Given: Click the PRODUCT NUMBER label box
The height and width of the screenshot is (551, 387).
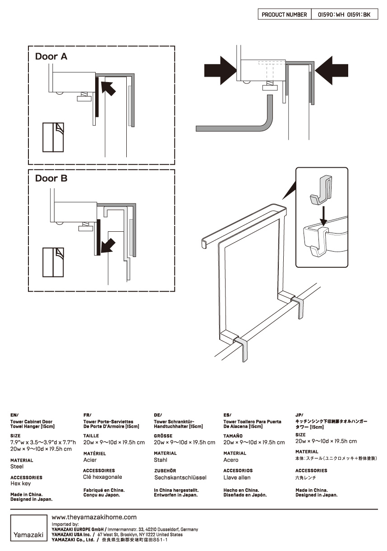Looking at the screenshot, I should point(284,15).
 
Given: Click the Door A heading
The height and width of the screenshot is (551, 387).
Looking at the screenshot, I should point(51,57).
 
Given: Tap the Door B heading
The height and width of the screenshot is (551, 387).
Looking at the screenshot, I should point(51,179).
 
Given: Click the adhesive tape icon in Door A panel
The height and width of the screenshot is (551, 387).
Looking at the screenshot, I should point(54,137).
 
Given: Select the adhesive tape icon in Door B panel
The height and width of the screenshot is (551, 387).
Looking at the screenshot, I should point(54,262).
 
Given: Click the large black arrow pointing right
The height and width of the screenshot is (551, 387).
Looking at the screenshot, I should point(220,70).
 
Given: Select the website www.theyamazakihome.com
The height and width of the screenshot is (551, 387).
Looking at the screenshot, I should point(94,517).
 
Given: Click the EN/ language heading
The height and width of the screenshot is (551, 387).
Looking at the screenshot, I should point(14,414).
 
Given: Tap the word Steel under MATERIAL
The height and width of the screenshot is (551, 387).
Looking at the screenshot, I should point(17,467).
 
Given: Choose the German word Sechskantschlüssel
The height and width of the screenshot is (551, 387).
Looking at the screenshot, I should point(180,477).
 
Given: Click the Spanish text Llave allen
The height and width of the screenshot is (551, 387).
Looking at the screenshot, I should point(237,478).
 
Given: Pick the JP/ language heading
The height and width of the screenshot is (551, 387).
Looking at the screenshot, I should point(299,414).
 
